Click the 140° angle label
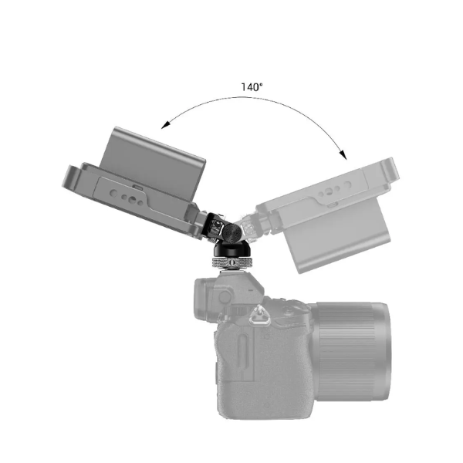pyautogui.click(x=252, y=87)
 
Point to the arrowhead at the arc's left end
pyautogui.click(x=166, y=125)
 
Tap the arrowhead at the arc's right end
pyautogui.click(x=343, y=154)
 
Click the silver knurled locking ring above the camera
pyautogui.click(x=231, y=262)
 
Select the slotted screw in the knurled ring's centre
pyautogui.click(x=232, y=262)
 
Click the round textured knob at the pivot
pyautogui.click(x=232, y=231)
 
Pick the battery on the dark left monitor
pyautogui.click(x=154, y=161)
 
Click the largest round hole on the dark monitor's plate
pyautogui.click(x=132, y=201)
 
